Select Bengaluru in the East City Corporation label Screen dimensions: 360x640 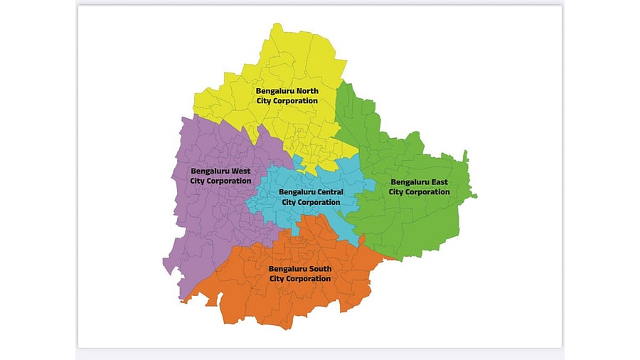[409, 182]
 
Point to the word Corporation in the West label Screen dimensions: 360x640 [229, 181]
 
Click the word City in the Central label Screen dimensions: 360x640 [289, 202]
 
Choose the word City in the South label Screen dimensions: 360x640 [277, 279]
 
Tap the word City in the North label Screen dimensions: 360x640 [266, 101]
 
